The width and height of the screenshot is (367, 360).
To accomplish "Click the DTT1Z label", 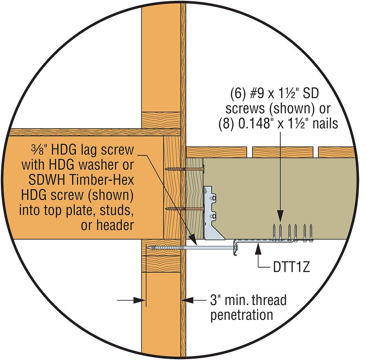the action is tap(292, 267).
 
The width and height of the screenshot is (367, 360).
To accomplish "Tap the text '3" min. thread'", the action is tap(248, 300).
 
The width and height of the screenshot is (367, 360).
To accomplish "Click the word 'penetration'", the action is tap(242, 315).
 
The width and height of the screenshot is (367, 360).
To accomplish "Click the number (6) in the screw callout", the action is tap(238, 93).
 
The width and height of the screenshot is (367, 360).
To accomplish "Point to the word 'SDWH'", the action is tap(47, 180).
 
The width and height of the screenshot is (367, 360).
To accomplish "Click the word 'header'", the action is tap(115, 225).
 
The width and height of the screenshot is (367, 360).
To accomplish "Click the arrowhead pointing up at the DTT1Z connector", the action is tap(258, 249).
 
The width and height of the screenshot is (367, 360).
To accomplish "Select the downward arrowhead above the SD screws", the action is tap(280, 216).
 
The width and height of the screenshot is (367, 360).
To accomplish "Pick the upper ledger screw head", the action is tap(203, 169).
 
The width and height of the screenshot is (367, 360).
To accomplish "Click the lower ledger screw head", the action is tap(203, 209).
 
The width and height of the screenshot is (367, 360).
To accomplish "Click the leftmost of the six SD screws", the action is tap(274, 232).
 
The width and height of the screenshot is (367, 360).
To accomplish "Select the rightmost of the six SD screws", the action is tap(311, 232).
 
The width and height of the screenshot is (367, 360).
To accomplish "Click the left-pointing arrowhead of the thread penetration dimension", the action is tap(187, 300).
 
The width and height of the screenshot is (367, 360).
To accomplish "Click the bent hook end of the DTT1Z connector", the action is tap(235, 248).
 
